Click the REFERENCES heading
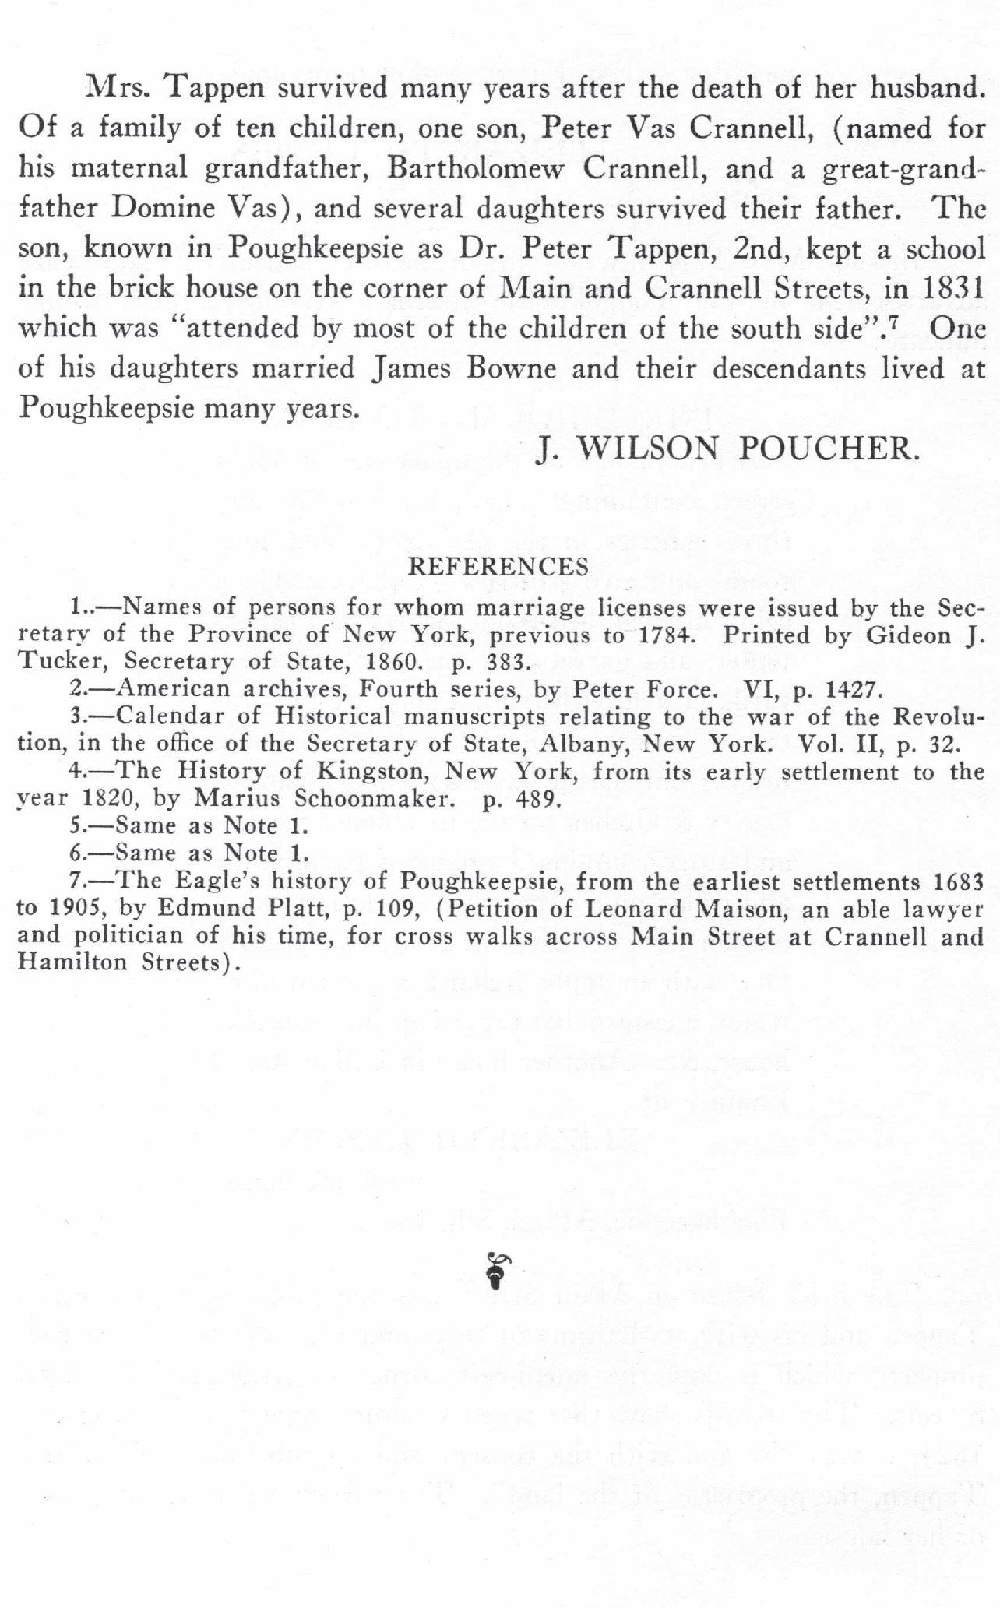[498, 566]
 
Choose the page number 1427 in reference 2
[853, 690]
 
